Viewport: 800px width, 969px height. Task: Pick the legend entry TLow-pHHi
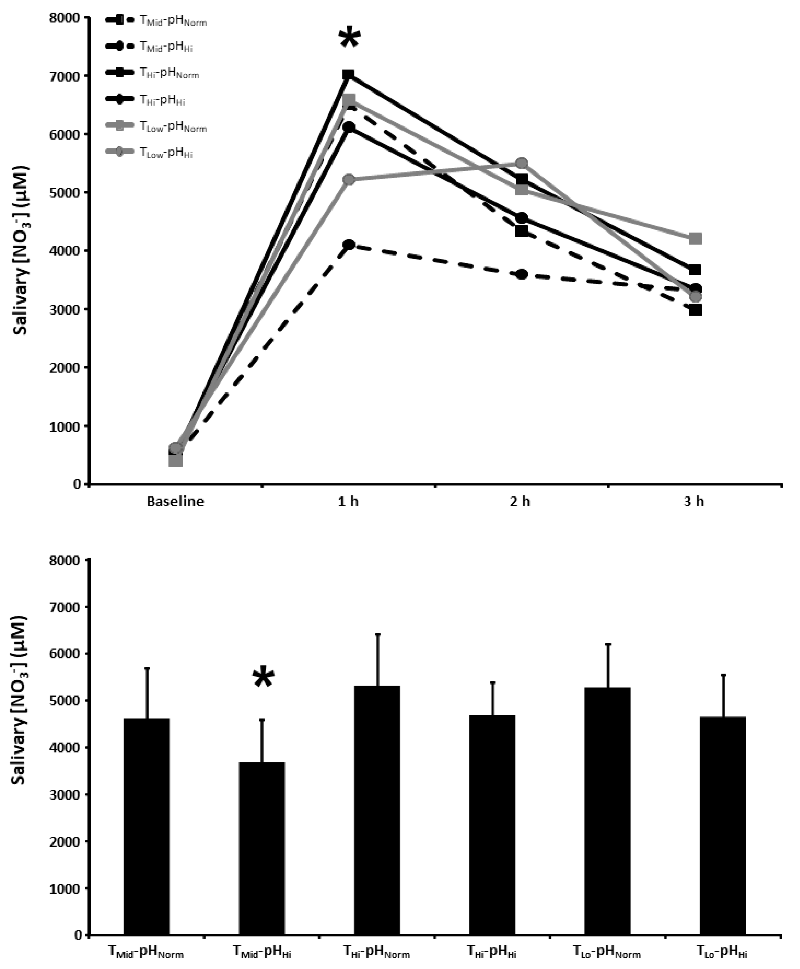pyautogui.click(x=166, y=153)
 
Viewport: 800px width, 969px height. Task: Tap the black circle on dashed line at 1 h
pyautogui.click(x=349, y=245)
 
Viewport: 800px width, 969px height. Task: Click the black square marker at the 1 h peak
pyautogui.click(x=349, y=75)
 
